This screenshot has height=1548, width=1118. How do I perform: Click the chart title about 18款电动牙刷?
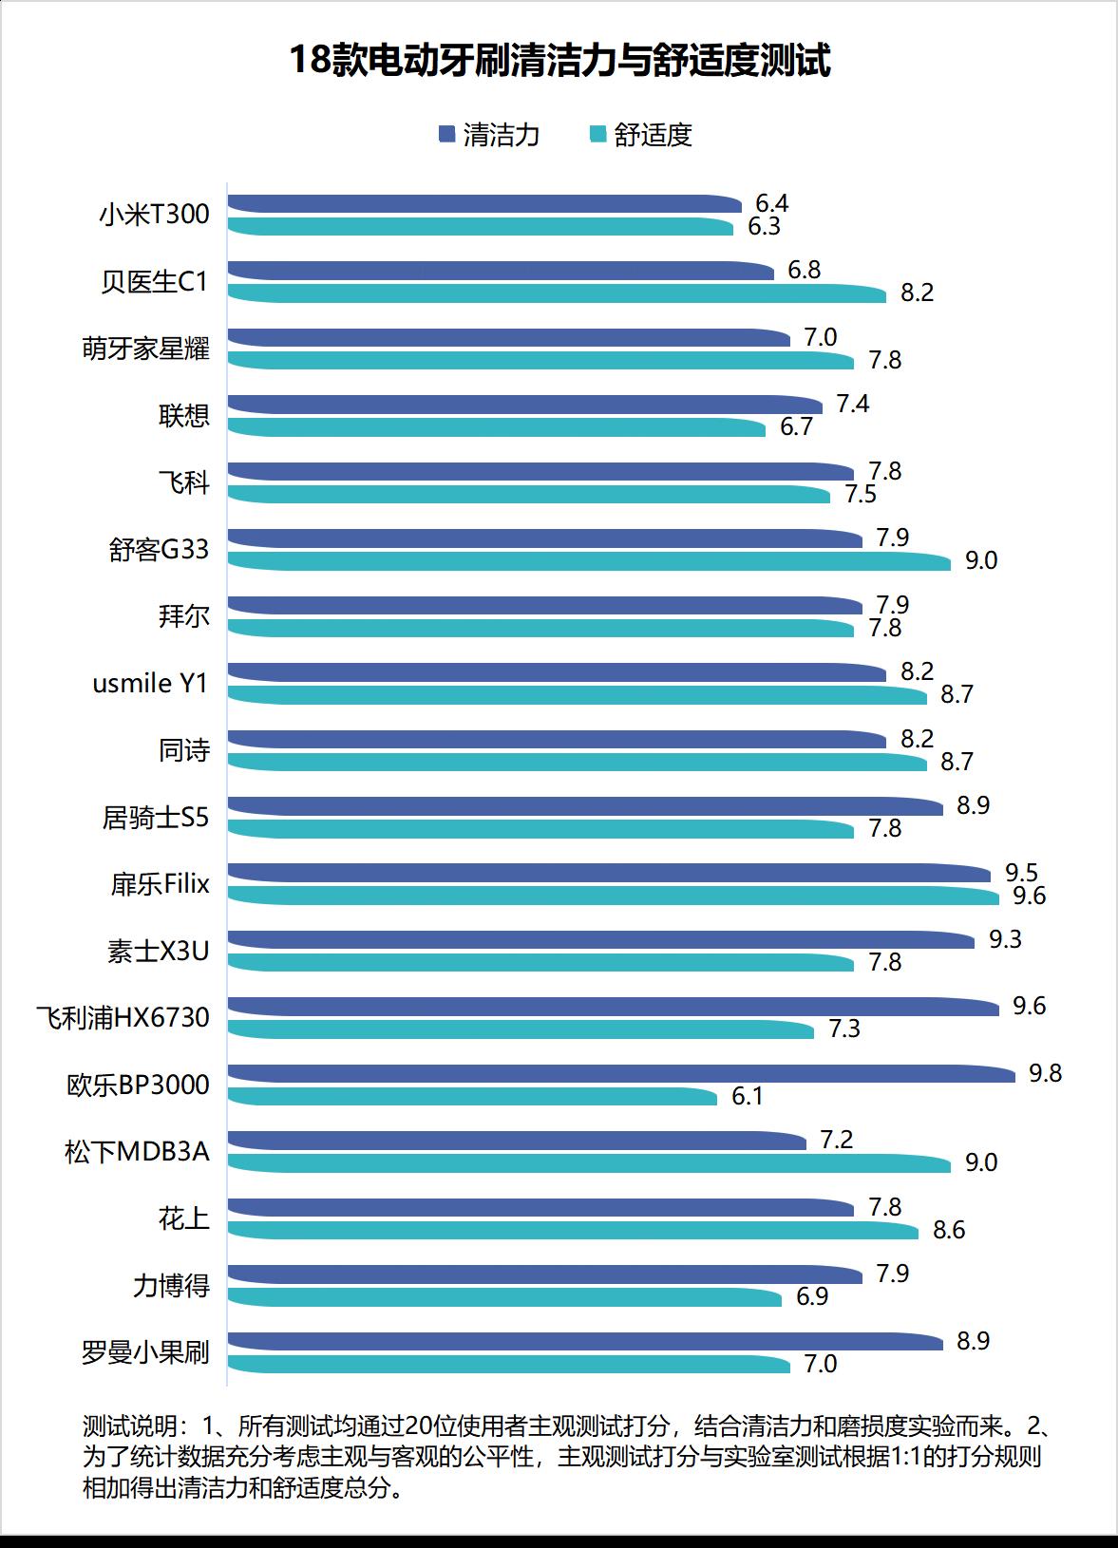point(559,61)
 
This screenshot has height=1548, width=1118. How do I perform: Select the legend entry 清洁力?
point(489,135)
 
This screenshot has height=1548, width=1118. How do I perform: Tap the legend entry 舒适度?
point(641,135)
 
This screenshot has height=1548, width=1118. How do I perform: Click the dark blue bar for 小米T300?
point(484,204)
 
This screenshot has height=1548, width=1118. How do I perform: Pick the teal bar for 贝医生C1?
point(557,293)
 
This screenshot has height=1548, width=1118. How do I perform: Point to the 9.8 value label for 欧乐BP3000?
point(1045,1073)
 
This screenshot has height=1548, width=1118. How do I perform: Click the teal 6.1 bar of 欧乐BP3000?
point(472,1097)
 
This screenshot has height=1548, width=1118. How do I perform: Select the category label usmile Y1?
point(150,684)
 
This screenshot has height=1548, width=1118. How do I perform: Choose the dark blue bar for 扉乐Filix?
point(608,873)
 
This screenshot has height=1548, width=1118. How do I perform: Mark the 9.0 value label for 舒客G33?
point(981,561)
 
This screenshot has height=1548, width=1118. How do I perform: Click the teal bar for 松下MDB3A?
point(589,1163)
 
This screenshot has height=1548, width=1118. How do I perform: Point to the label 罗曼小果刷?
point(145,1352)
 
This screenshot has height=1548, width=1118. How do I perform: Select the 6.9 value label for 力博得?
point(812,1296)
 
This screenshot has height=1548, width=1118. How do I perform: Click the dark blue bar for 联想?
point(524,405)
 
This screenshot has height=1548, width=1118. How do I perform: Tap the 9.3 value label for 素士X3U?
point(1005,939)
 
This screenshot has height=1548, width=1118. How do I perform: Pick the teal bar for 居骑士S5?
point(541,829)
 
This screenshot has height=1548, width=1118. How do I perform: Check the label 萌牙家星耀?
point(145,349)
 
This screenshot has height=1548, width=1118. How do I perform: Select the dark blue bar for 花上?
point(541,1207)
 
